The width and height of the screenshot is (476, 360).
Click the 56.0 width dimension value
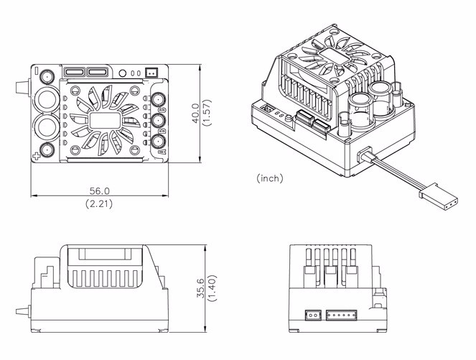pos(100,191)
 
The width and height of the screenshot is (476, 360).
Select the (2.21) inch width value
pos(100,205)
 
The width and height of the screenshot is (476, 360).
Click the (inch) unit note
pos(269,177)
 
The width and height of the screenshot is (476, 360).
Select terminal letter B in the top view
pos(161,131)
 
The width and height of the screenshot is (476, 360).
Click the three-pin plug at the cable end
pos(430,195)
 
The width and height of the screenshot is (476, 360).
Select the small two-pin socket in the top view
pos(151,73)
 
